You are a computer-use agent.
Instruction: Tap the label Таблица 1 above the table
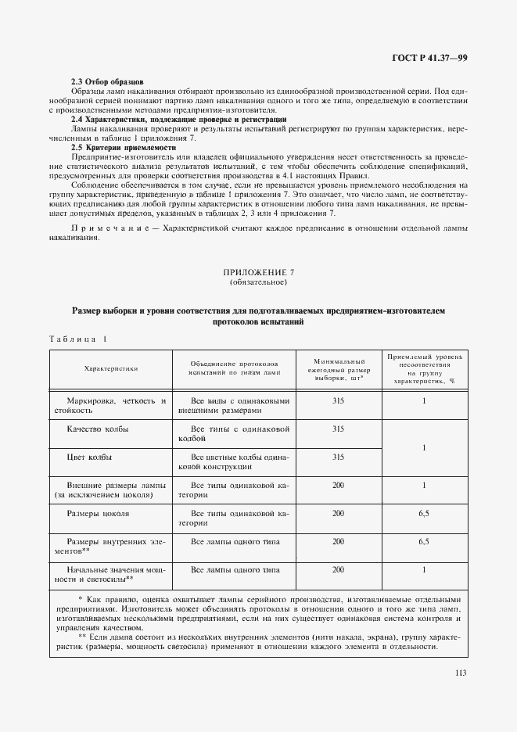click(x=78, y=339)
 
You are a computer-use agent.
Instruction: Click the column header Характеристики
click(x=110, y=368)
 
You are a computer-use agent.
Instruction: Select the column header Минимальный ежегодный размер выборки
click(x=338, y=368)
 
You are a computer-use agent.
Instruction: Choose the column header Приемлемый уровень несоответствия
click(x=424, y=368)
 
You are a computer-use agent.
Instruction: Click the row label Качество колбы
click(x=98, y=429)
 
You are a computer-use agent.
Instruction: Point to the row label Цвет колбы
click(x=88, y=456)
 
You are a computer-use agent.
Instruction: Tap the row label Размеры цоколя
click(x=98, y=513)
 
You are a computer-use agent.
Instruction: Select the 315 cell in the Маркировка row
click(x=338, y=400)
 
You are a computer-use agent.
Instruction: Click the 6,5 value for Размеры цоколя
click(x=424, y=513)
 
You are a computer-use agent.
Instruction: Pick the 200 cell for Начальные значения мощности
click(x=338, y=569)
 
